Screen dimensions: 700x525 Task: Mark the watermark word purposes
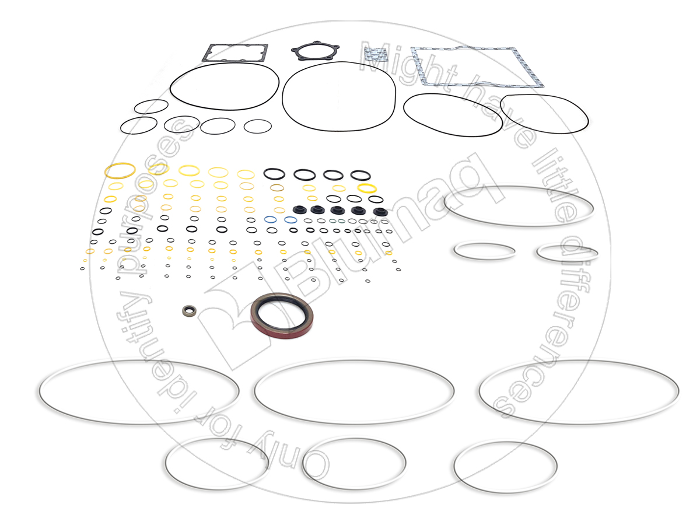[x=150, y=198]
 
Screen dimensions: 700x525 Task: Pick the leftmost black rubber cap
[x=299, y=210]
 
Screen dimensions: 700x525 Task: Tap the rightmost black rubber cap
[x=380, y=212]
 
